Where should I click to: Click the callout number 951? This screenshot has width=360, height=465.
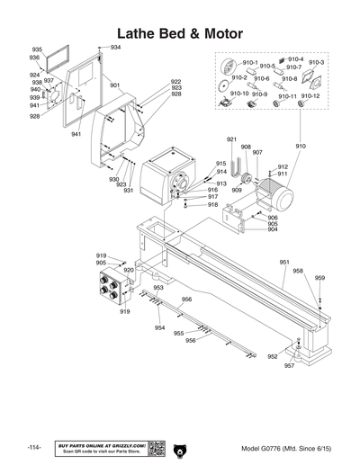pyautogui.click(x=284, y=263)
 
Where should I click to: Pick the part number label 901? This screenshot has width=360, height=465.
pyautogui.click(x=115, y=85)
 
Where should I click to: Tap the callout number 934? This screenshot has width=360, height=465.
pyautogui.click(x=115, y=47)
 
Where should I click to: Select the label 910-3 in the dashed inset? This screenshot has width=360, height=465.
pyautogui.click(x=316, y=62)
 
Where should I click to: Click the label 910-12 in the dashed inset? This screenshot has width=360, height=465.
pyautogui.click(x=310, y=96)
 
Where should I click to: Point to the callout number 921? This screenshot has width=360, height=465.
pyautogui.click(x=231, y=139)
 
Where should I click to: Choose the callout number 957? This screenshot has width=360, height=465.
pyautogui.click(x=289, y=366)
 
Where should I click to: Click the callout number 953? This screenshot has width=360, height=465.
pyautogui.click(x=157, y=288)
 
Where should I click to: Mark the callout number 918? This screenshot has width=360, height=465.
pyautogui.click(x=212, y=205)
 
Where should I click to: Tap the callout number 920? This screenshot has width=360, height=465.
pyautogui.click(x=129, y=270)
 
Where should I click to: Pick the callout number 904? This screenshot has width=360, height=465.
pyautogui.click(x=273, y=229)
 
